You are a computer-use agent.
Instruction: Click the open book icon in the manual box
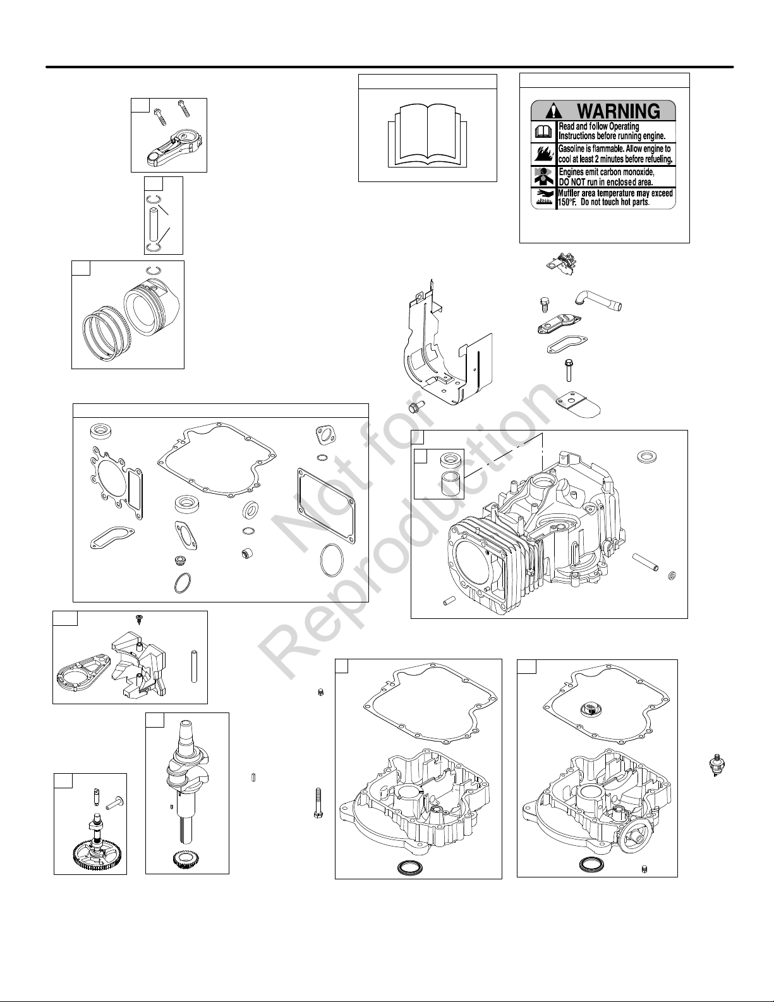[428, 135]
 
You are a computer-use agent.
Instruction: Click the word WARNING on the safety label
[619, 111]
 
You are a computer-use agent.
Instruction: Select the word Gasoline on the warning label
[571, 149]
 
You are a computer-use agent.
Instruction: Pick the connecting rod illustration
[172, 147]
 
